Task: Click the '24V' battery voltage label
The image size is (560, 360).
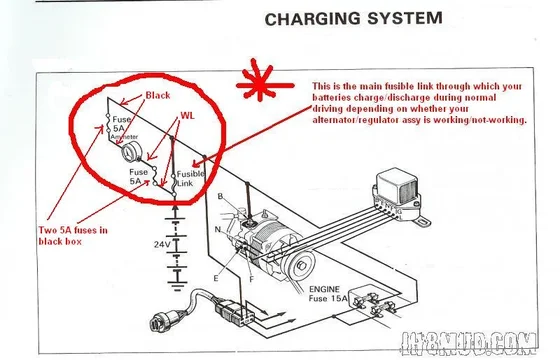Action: [x=163, y=243]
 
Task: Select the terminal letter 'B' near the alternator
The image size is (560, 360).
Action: [x=220, y=197]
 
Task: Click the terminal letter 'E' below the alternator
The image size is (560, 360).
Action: [x=214, y=277]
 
